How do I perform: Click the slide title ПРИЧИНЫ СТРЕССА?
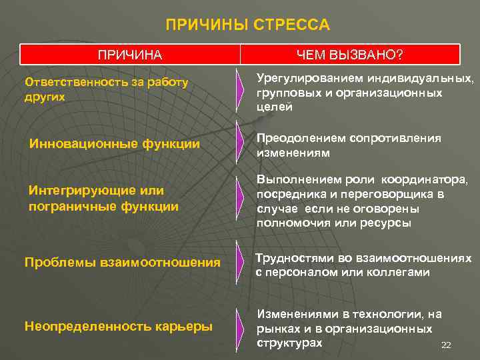(x=247, y=25)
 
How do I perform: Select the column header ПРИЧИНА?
(x=130, y=54)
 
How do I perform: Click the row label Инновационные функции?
(x=115, y=143)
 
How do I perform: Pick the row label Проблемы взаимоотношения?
(x=122, y=263)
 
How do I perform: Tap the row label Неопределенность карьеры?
(x=119, y=326)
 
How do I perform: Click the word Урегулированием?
(x=301, y=79)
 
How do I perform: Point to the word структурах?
(x=289, y=343)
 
